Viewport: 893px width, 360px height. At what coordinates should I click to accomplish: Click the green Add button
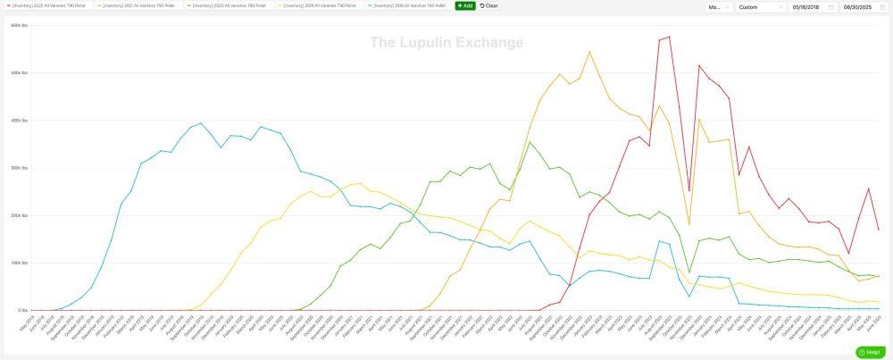[464, 6]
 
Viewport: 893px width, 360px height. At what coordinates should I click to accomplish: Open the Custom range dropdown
[760, 7]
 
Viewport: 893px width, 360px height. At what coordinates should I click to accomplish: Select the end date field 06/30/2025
[864, 7]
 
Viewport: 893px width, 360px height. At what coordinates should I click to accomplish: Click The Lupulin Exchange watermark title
[446, 43]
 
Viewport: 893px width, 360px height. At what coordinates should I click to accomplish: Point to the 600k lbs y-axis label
[20, 25]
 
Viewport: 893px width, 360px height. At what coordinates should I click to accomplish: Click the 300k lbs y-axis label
[20, 168]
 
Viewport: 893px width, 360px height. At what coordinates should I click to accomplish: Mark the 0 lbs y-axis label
[23, 311]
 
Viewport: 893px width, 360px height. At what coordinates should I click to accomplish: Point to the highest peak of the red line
[669, 37]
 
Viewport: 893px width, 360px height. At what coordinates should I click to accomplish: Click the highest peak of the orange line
[589, 51]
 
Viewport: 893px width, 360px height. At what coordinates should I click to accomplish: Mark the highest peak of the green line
[530, 142]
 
